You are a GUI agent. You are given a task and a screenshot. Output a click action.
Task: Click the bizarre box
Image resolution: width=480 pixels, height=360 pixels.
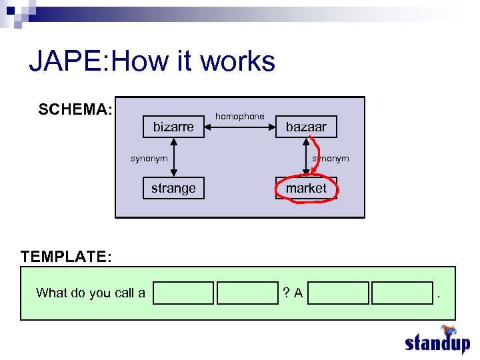[x=173, y=127]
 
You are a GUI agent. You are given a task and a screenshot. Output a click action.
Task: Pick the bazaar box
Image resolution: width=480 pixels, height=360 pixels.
[x=306, y=127]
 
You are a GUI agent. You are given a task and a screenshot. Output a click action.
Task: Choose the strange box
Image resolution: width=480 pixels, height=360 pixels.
[x=173, y=188]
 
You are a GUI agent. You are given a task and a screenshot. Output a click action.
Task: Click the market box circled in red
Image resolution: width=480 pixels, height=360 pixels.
[x=306, y=188]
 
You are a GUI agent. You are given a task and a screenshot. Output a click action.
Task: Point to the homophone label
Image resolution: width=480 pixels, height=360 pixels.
[x=239, y=116]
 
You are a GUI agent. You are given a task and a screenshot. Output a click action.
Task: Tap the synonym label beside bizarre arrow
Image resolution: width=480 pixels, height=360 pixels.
[x=149, y=158]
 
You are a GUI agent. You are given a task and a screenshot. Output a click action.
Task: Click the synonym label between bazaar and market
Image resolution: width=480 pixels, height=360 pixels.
[x=331, y=158]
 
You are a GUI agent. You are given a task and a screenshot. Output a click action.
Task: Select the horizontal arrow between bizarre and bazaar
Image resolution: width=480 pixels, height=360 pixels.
[x=239, y=127]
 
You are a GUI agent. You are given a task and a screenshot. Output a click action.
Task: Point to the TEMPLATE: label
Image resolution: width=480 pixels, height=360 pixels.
[x=66, y=257]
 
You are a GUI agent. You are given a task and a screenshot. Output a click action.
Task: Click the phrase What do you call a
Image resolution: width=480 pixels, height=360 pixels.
[x=90, y=293]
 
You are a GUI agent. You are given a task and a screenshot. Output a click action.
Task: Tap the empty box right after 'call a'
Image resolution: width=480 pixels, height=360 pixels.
[x=183, y=293]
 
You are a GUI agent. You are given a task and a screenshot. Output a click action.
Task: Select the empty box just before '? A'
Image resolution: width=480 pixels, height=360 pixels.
[x=247, y=293]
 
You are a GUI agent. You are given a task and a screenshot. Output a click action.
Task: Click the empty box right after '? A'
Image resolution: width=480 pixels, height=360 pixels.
[x=339, y=293]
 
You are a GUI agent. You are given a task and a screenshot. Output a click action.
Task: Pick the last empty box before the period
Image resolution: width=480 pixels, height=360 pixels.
[x=402, y=293]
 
